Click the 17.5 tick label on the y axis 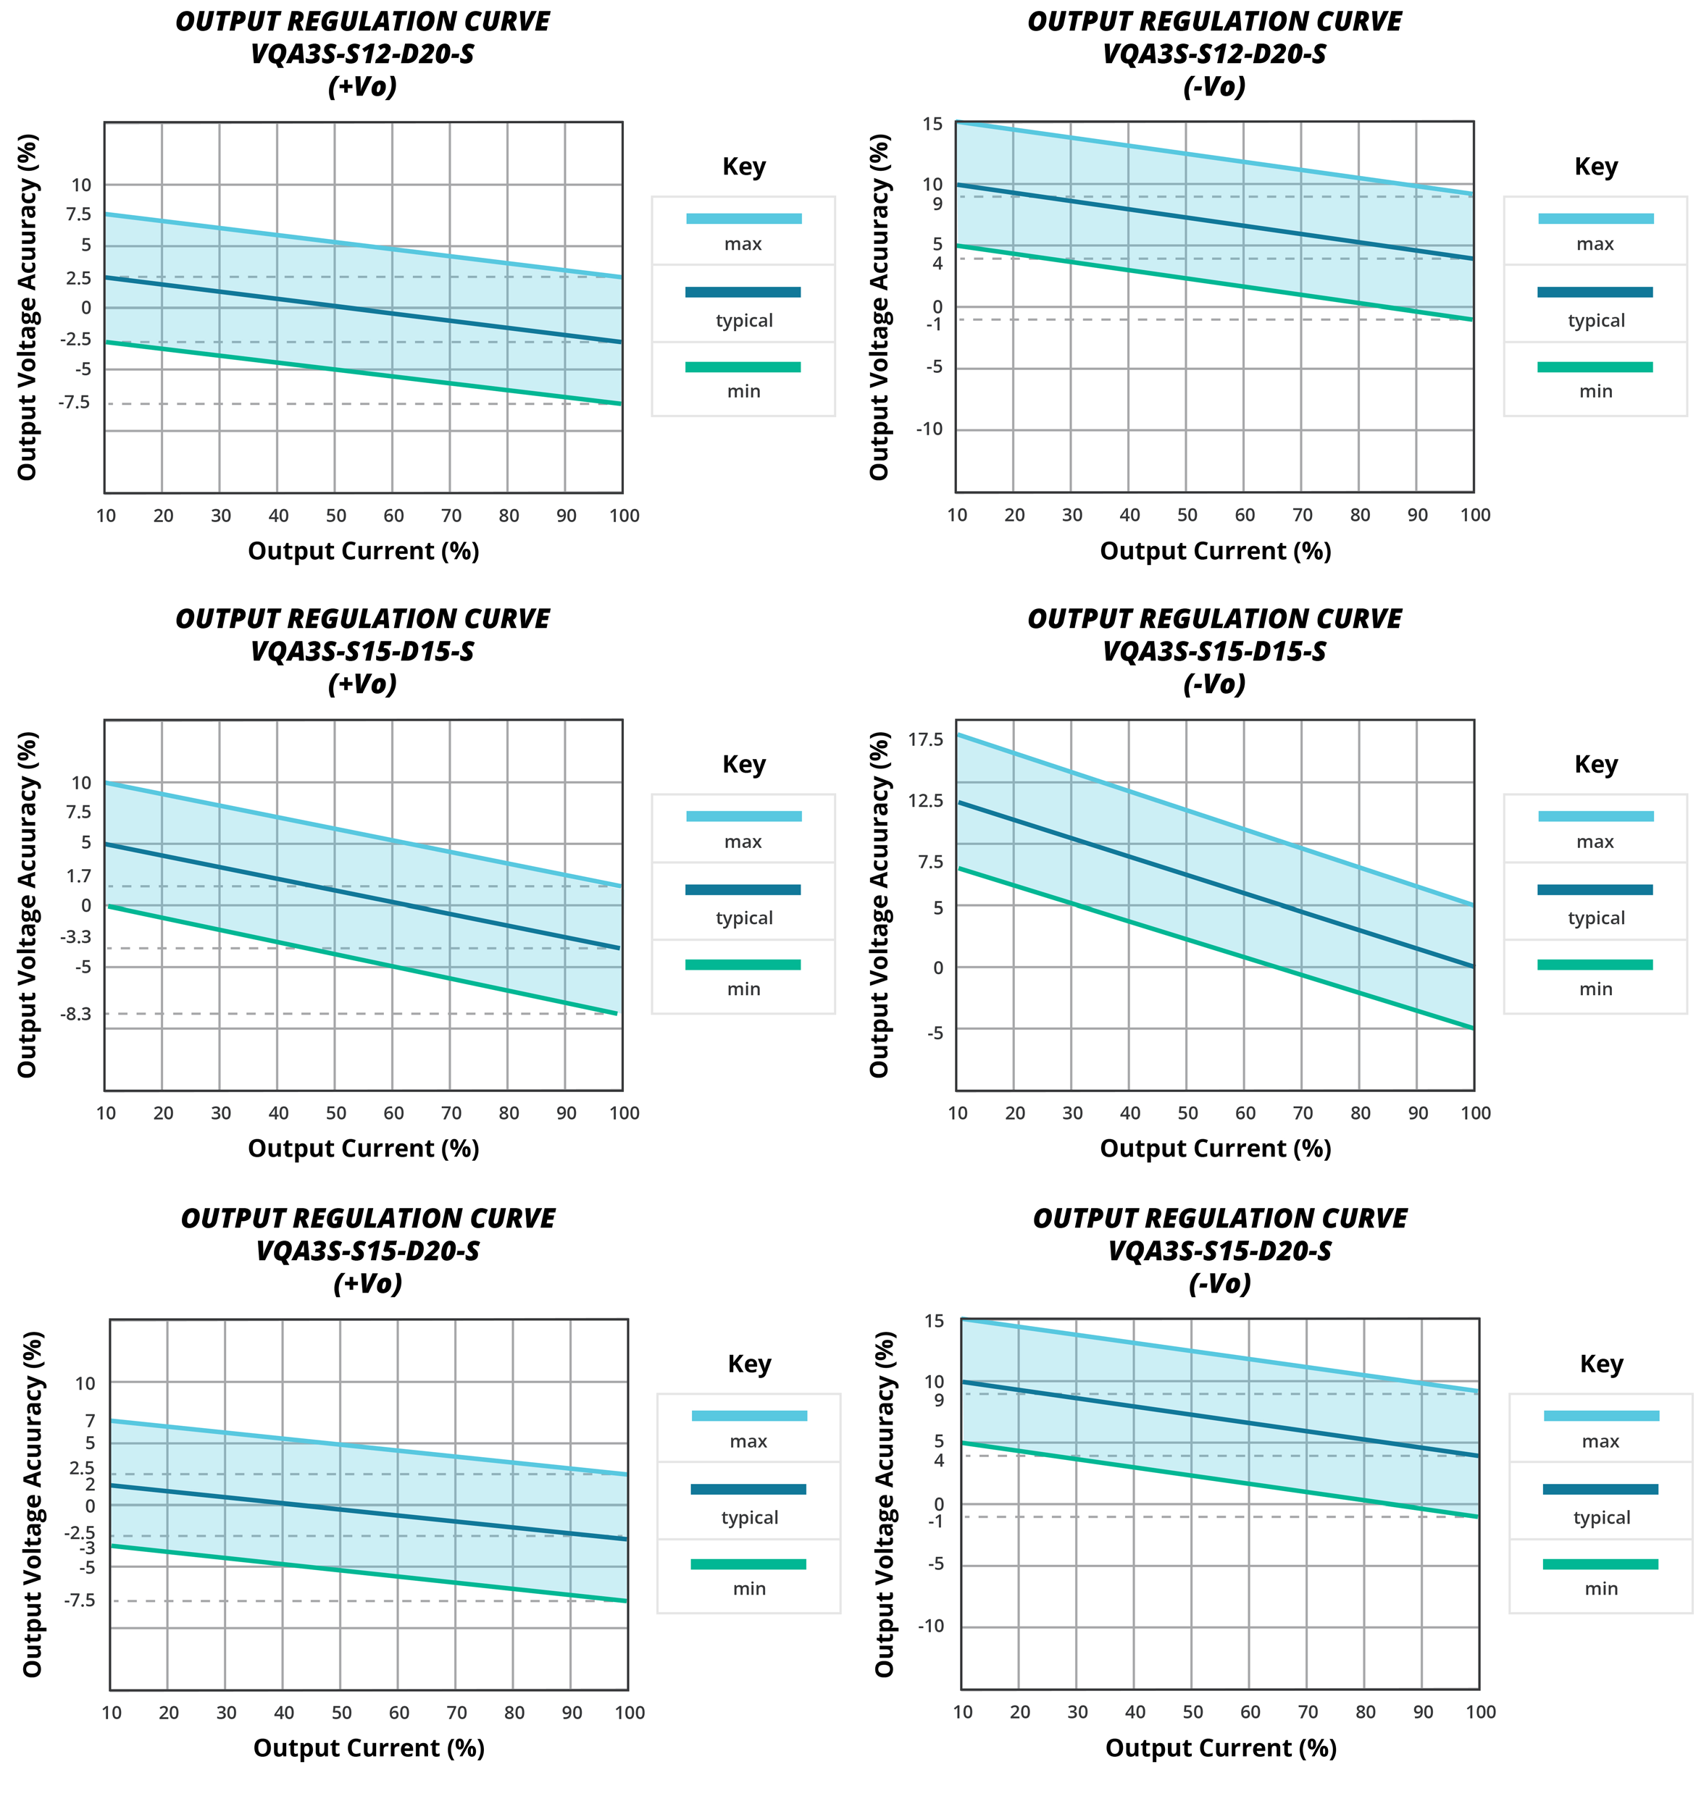[x=926, y=739]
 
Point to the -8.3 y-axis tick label [x=76, y=1013]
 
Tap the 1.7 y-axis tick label [x=79, y=875]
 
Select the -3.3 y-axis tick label [x=76, y=936]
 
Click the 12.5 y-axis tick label [x=926, y=800]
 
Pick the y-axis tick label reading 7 [x=90, y=1421]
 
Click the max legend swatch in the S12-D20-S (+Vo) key [x=744, y=219]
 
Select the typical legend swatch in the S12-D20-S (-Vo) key [x=1595, y=292]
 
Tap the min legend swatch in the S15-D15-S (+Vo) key [x=743, y=965]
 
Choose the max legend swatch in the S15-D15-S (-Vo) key [x=1595, y=816]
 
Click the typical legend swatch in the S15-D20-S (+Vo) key [x=748, y=1489]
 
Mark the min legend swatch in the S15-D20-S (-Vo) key [x=1600, y=1564]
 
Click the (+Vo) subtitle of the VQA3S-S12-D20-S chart [x=362, y=87]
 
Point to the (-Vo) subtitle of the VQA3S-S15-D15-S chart [x=1214, y=684]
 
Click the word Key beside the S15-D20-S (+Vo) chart [x=749, y=1363]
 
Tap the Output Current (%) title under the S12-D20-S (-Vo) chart [x=1215, y=550]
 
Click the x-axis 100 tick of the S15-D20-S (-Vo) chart [x=1481, y=1711]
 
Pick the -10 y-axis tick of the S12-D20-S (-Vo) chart [x=930, y=429]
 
